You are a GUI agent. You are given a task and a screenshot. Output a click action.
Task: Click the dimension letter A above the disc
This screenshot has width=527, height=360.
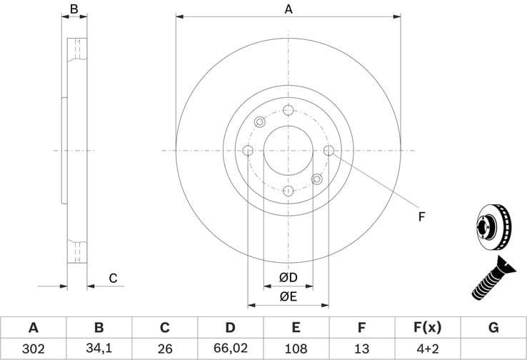[x=288, y=9]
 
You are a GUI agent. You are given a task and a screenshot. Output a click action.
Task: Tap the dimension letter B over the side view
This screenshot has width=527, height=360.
[x=74, y=9]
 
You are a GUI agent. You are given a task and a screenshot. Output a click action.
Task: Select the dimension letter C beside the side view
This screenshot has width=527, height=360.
[x=113, y=279]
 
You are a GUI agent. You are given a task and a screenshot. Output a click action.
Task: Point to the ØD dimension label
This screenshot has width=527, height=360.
[x=288, y=277]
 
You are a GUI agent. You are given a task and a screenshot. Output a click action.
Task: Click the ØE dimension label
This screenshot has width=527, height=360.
[x=288, y=296]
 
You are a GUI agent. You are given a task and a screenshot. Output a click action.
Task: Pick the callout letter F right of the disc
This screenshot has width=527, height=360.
[x=421, y=216]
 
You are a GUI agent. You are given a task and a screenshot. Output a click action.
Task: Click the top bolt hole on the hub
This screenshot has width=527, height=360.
[x=288, y=110]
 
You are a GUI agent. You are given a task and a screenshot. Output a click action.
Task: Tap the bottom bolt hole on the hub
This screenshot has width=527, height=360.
[x=288, y=191]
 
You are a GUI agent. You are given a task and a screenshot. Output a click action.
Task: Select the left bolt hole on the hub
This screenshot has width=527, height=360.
[x=248, y=151]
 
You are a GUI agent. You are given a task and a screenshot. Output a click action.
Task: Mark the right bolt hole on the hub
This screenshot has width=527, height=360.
[x=328, y=150]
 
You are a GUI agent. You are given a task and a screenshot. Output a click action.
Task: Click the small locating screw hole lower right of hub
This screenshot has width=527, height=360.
[x=317, y=179]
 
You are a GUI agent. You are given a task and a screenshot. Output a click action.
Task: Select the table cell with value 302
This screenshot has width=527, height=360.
[x=33, y=349]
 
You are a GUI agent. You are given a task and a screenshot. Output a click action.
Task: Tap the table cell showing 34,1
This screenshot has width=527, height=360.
[x=99, y=349]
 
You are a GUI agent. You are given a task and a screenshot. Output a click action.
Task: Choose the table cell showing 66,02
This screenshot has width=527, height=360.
[x=230, y=349]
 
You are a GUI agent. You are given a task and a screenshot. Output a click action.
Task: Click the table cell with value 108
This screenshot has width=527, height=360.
[x=296, y=349]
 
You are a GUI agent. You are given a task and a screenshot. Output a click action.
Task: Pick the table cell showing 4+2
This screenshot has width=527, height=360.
[x=427, y=349]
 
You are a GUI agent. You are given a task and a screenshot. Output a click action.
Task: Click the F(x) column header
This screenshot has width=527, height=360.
[x=427, y=328]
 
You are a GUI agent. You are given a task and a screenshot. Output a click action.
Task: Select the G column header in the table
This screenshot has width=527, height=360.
[x=493, y=328]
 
